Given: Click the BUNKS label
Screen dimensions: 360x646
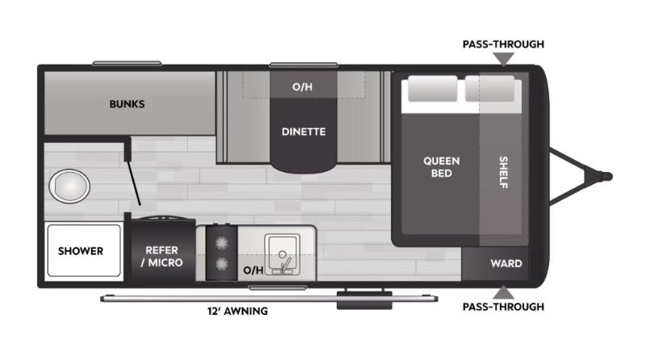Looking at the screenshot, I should point(127,104).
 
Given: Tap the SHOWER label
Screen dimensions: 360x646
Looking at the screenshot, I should point(80,250).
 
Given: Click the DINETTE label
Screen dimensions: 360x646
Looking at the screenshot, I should point(304,132).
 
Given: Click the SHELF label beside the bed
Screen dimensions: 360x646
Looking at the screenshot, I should point(503,172).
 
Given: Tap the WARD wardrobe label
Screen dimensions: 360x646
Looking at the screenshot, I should point(506,264).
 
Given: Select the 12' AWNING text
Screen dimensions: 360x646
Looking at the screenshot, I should point(237,311).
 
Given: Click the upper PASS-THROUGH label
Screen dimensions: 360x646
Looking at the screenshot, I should point(503,44).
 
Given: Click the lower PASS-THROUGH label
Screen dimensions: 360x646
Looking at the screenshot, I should point(503,307).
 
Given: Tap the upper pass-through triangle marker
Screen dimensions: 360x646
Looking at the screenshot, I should point(504,58).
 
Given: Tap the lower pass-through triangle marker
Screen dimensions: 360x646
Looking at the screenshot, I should point(504,292).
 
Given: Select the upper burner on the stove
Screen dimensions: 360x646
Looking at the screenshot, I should point(221,240).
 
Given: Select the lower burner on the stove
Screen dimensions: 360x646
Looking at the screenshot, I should point(221,264).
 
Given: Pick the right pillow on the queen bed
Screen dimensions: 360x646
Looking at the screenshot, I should point(489,89).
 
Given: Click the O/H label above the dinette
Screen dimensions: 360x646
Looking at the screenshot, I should point(303,86).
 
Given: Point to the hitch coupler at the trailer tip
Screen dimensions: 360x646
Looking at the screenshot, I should point(606,175).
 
